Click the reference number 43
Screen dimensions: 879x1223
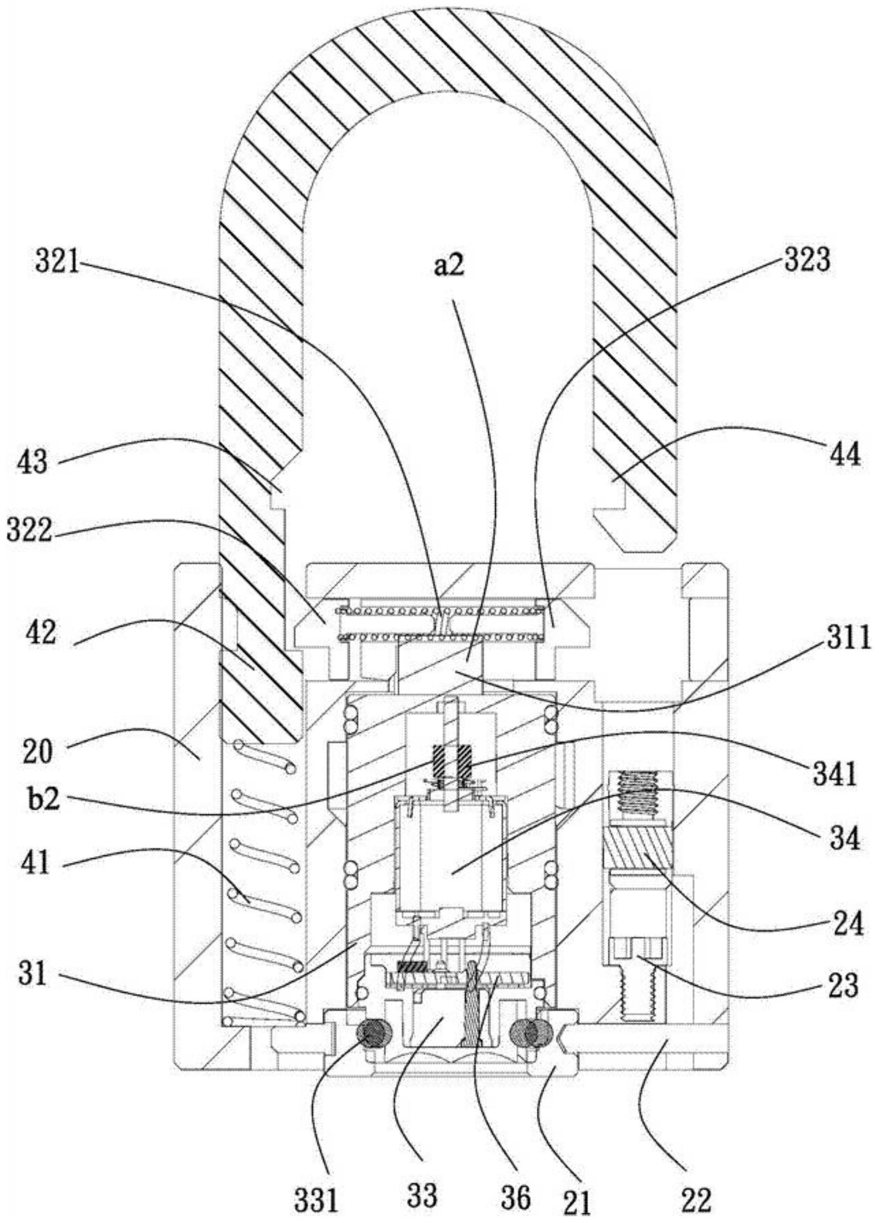pos(34,462)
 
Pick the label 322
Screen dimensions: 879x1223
pos(29,532)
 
